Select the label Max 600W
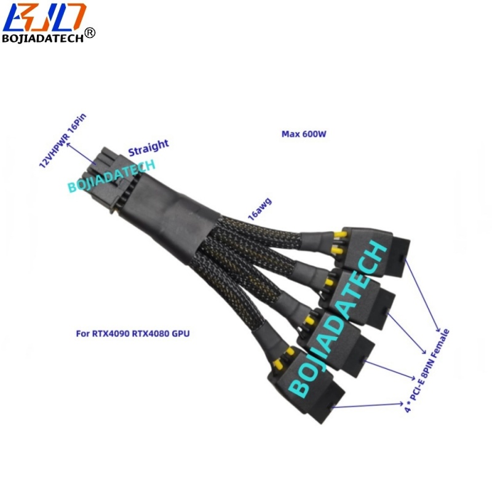point(303,133)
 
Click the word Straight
point(148,147)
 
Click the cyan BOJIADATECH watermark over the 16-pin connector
point(112,176)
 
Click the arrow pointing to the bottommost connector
point(369,405)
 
